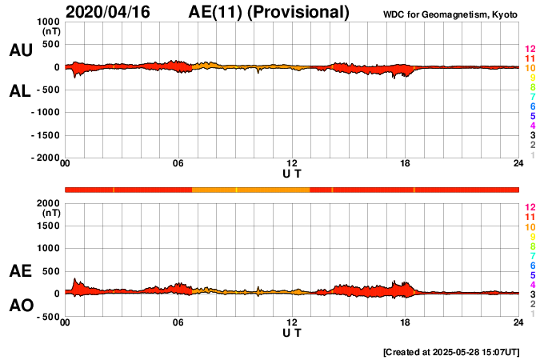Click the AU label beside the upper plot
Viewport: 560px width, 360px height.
pos(20,50)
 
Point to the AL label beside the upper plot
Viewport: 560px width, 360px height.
pos(20,90)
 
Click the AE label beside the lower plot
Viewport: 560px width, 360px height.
pos(20,271)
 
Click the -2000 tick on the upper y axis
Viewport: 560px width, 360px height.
pos(44,158)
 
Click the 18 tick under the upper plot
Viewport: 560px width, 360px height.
pos(406,163)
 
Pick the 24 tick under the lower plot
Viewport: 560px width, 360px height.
pos(518,322)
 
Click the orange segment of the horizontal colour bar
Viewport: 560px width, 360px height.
pos(250,190)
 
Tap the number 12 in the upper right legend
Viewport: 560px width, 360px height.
pos(530,49)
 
